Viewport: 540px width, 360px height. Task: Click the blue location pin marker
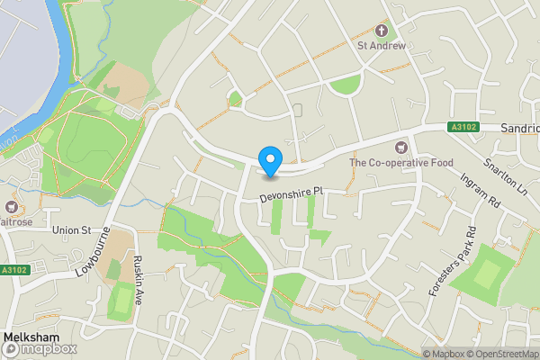tap(269, 160)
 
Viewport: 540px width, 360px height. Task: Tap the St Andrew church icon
tap(382, 28)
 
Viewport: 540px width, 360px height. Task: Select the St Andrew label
tap(382, 44)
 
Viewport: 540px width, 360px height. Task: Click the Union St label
tap(73, 230)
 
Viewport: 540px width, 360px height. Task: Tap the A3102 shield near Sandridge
tap(463, 129)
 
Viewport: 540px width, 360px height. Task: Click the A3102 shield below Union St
tap(13, 270)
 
